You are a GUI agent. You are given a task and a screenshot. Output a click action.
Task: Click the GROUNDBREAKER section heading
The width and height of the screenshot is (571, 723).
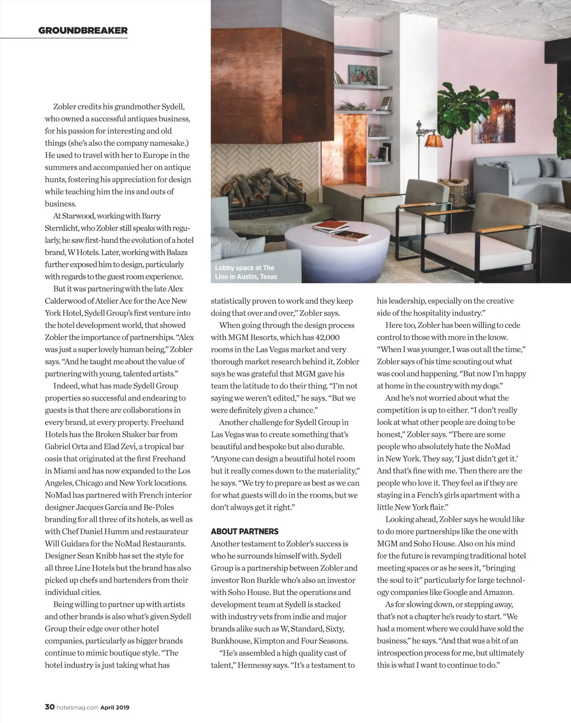(x=83, y=31)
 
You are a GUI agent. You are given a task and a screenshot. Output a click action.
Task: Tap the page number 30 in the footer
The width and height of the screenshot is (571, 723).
(x=49, y=707)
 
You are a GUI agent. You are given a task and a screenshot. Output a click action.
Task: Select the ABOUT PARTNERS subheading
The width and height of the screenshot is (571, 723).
(x=245, y=532)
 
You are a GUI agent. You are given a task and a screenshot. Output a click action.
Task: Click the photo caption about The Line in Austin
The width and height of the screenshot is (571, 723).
(x=246, y=272)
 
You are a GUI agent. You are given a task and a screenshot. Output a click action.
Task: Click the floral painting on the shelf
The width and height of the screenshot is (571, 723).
(x=363, y=75)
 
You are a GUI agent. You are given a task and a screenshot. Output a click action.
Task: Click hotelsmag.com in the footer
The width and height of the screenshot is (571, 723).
(x=77, y=708)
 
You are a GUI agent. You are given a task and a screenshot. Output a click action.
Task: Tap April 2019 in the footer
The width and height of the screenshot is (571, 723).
(x=115, y=708)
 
